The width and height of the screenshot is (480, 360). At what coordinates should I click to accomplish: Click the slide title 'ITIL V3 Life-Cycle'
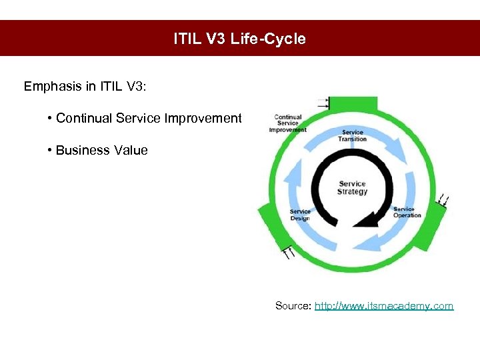point(239,39)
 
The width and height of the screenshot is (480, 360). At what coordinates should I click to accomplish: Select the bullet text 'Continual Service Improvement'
point(148,119)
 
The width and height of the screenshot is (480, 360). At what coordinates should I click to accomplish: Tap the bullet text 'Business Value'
point(101,151)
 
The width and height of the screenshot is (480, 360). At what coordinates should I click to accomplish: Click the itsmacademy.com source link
point(383,306)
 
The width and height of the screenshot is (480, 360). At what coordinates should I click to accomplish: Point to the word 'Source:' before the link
point(293,306)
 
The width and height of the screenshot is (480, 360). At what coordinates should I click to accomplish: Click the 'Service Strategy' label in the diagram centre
point(352,188)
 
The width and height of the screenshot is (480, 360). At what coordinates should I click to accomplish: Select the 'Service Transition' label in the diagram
point(352,135)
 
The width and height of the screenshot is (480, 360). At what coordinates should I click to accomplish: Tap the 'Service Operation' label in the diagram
point(407,212)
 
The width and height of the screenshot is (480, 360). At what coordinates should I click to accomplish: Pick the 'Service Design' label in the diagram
point(300,215)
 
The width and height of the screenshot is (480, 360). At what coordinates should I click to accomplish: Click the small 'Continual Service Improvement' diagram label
point(288,123)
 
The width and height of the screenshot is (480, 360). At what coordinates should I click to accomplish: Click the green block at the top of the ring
point(353,105)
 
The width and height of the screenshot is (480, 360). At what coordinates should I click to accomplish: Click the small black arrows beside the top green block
point(324,103)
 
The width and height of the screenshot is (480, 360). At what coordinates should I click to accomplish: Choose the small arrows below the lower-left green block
point(289,252)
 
